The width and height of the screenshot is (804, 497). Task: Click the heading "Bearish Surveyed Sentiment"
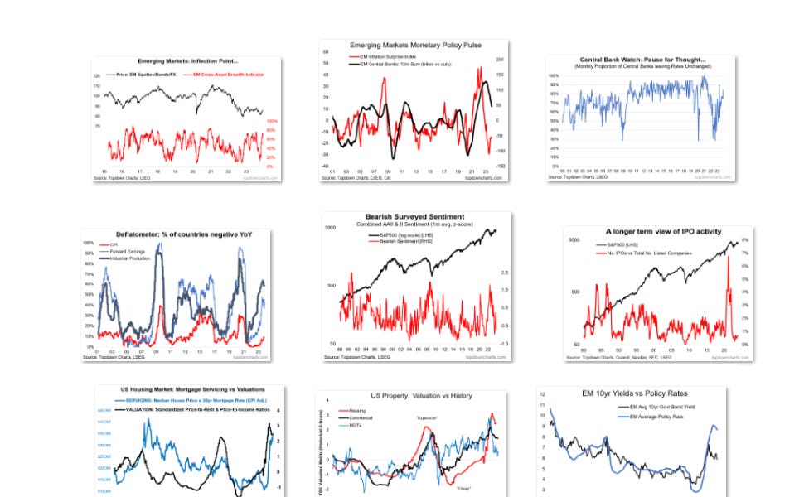coord(416,217)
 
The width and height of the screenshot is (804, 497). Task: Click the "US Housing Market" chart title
coord(191,389)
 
